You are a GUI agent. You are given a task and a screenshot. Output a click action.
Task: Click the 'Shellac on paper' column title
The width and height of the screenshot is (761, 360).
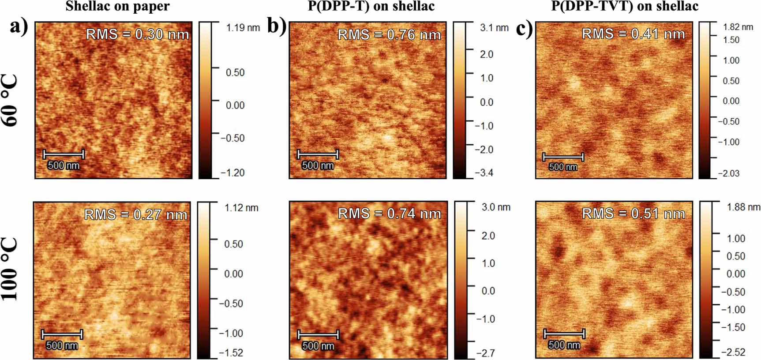tap(117, 7)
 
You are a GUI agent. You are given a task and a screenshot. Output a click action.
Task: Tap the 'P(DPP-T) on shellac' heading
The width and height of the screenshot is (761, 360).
tap(371, 6)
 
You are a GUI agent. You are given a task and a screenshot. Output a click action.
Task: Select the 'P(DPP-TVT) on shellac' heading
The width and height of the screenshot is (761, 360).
tap(625, 6)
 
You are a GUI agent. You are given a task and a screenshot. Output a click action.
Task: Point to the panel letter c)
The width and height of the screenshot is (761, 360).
tap(524, 29)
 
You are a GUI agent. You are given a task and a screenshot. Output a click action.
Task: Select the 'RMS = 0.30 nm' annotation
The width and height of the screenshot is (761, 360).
tap(137, 34)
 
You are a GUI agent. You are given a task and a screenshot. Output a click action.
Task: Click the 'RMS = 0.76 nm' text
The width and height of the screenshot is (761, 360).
tap(389, 35)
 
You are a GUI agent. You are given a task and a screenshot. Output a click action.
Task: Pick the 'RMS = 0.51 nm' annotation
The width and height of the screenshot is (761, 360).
tap(633, 214)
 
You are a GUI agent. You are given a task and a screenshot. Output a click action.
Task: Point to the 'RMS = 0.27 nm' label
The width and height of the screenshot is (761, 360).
tap(135, 215)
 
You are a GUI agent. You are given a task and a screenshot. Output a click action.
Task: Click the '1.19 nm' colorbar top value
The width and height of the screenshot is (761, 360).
tap(243, 28)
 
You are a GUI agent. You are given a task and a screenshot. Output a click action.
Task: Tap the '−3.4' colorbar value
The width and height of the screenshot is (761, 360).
tap(484, 173)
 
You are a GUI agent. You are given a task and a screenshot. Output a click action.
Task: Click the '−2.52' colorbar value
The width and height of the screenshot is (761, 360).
tap(733, 352)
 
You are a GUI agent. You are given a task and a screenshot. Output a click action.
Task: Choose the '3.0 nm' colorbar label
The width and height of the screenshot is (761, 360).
tap(496, 207)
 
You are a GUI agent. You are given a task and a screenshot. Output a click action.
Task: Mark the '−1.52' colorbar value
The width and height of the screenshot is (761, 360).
tap(231, 353)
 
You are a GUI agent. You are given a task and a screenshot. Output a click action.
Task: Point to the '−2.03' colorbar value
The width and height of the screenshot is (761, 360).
tap(729, 173)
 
